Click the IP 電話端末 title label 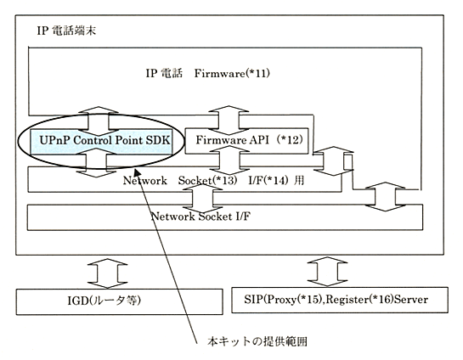click(66, 31)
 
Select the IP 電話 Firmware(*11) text click(207, 73)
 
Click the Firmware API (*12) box click(246, 140)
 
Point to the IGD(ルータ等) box click(119, 301)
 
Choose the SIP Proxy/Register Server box click(340, 300)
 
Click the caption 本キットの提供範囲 click(257, 341)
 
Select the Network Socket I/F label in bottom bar click(200, 217)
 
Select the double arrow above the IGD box click(108, 273)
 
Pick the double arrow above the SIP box click(327, 271)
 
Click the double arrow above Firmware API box click(229, 121)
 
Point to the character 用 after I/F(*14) click(299, 180)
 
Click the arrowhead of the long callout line click(137, 171)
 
